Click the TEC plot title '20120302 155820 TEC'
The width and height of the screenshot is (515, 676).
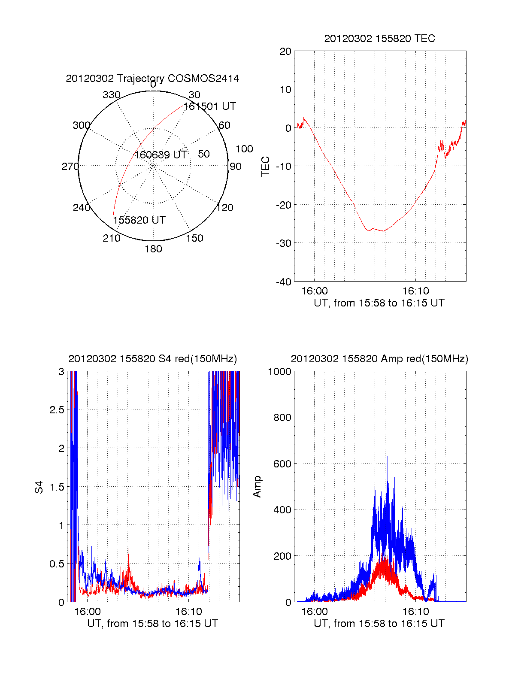tap(379, 39)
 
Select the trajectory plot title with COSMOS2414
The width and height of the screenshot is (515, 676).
tap(152, 79)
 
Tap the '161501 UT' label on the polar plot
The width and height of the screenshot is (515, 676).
tap(210, 106)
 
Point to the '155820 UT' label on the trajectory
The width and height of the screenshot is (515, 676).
tap(139, 220)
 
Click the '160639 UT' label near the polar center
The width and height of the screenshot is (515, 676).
tap(161, 155)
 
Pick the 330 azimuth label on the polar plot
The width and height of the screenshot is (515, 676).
tap(112, 95)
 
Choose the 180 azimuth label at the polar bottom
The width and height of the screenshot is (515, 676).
tap(153, 249)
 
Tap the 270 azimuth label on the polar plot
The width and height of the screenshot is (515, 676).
tap(70, 167)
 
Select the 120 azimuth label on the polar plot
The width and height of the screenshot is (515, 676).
tap(225, 208)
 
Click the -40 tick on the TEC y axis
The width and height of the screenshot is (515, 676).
tap(284, 282)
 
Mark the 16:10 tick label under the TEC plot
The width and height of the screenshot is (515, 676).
tap(415, 291)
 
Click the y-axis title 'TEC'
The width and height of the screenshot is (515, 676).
tap(266, 167)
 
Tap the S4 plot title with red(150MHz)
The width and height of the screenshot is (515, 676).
tap(152, 359)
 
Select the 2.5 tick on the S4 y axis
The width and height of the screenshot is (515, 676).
tap(57, 410)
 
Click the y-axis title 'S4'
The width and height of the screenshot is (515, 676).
tap(39, 487)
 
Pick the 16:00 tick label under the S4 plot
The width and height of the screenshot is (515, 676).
tap(88, 612)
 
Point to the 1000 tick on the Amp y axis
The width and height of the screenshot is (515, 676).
tap(280, 372)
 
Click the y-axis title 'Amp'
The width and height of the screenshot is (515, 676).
tap(257, 487)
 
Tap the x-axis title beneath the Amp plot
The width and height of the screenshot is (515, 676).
tap(379, 624)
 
